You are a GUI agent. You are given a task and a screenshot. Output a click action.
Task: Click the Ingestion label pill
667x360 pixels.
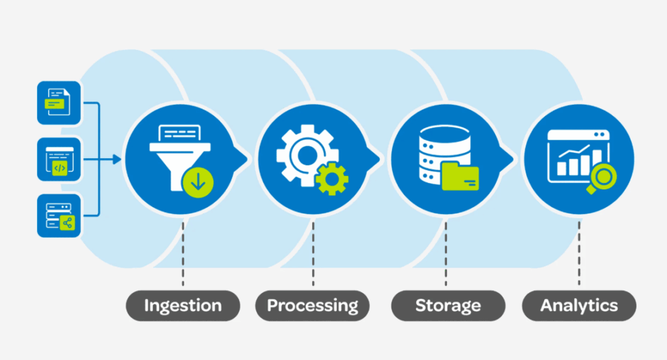(182, 305)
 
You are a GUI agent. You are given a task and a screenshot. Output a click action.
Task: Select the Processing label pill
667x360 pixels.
(313, 305)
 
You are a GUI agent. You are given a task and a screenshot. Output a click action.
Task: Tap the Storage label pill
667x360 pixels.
(448, 305)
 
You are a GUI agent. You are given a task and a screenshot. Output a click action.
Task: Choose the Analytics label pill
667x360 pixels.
(579, 305)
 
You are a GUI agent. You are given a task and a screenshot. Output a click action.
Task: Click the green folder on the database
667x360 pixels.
(460, 176)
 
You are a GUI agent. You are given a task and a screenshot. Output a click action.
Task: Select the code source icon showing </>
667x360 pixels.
(59, 159)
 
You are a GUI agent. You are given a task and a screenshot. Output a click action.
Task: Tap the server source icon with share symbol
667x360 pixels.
(59, 215)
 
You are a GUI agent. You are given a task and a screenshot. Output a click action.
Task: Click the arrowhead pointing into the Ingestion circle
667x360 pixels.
(117, 159)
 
